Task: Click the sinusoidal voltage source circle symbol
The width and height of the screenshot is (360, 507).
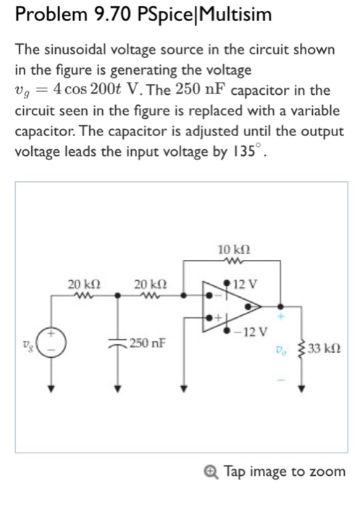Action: pyautogui.click(x=51, y=342)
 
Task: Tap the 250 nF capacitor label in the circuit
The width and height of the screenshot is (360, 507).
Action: pyautogui.click(x=148, y=343)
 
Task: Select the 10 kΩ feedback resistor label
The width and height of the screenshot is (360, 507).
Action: pyautogui.click(x=234, y=250)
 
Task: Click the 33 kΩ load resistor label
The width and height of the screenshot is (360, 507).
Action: pyautogui.click(x=324, y=348)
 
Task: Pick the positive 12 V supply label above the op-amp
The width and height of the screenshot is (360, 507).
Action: pyautogui.click(x=246, y=284)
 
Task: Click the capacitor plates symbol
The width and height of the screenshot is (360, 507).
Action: pyautogui.click(x=118, y=342)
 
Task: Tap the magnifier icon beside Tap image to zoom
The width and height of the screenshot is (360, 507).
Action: pyautogui.click(x=212, y=472)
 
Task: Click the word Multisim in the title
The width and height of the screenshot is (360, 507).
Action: pyautogui.click(x=236, y=14)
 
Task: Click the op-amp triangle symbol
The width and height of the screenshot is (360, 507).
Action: pyautogui.click(x=232, y=306)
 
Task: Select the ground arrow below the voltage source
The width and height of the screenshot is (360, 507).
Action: pyautogui.click(x=51, y=387)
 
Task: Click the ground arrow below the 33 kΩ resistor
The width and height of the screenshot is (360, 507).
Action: pyautogui.click(x=301, y=387)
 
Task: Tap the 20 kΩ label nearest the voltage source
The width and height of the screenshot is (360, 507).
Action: pyautogui.click(x=84, y=284)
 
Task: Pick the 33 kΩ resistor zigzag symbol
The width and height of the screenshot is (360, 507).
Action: pyautogui.click(x=301, y=348)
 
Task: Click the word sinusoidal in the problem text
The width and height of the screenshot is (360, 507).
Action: pyautogui.click(x=76, y=49)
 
